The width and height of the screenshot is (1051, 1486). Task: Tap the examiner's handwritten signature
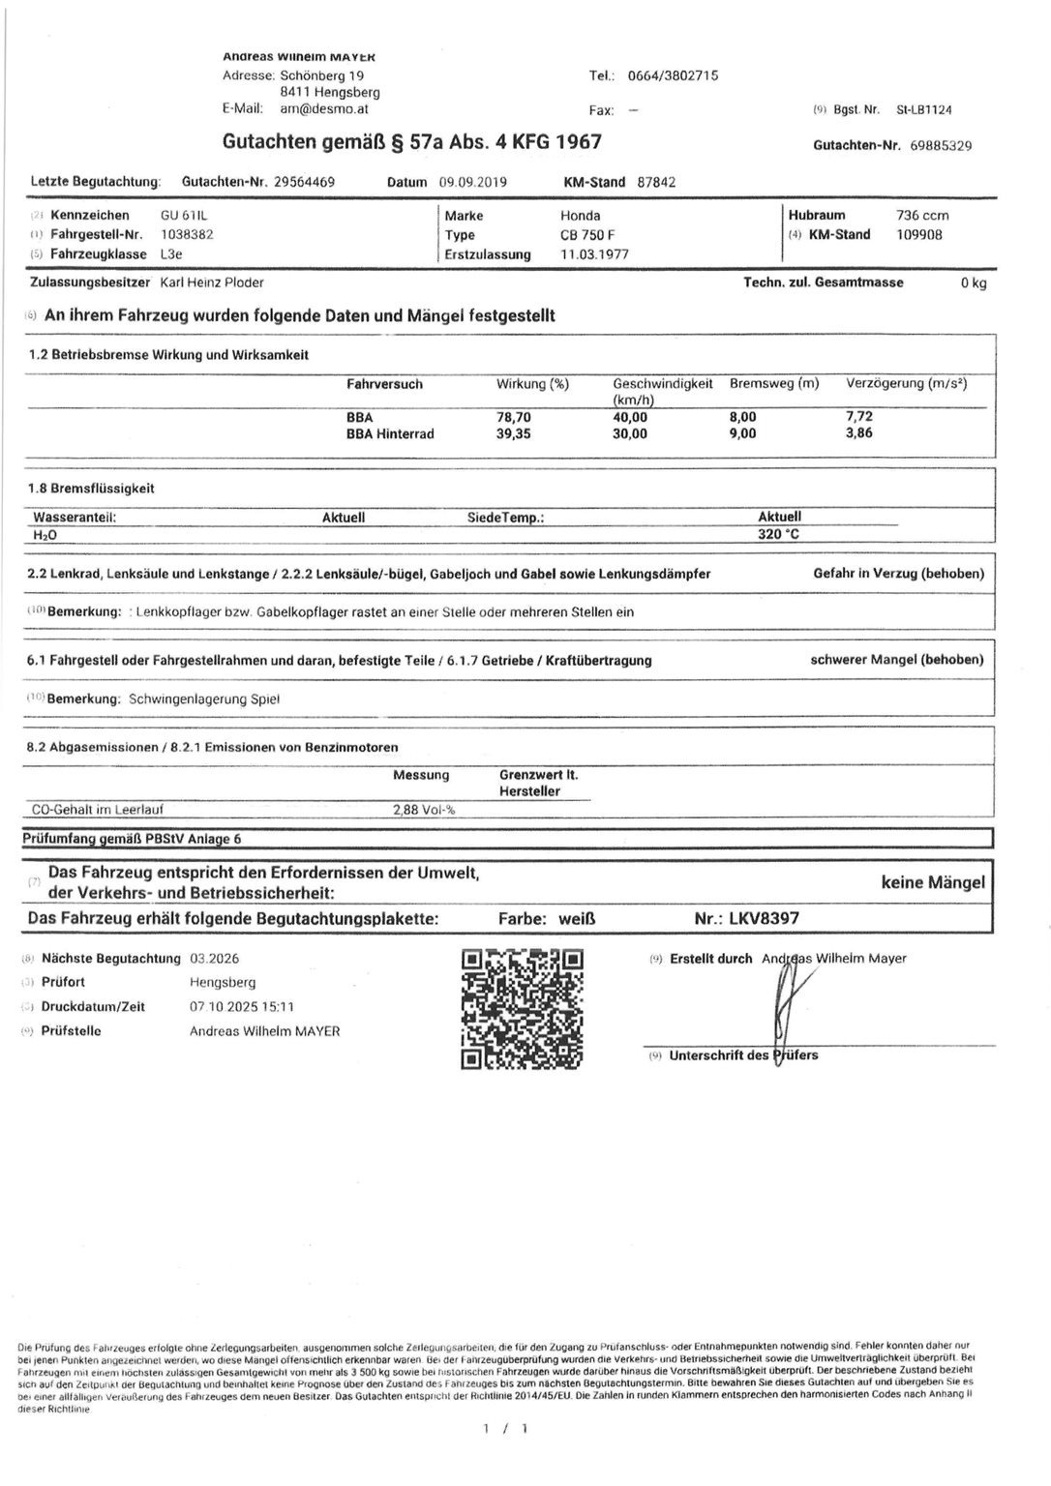(x=784, y=1006)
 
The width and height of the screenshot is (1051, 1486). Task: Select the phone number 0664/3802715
(x=673, y=75)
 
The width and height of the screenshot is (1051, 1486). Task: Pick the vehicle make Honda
(x=580, y=216)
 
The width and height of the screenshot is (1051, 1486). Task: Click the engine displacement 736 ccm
(x=922, y=215)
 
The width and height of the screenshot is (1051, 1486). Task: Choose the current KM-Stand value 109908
(x=919, y=234)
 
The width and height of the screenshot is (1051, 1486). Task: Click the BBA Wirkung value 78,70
(x=514, y=416)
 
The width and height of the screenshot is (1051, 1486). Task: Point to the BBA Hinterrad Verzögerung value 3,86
(x=858, y=433)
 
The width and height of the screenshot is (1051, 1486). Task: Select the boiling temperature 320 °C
(x=778, y=534)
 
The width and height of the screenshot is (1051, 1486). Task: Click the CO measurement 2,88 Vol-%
(x=424, y=810)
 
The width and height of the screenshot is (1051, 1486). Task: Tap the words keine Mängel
(x=932, y=882)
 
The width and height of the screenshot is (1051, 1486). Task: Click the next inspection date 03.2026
(x=214, y=959)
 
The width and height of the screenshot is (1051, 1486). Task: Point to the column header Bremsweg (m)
(x=774, y=384)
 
